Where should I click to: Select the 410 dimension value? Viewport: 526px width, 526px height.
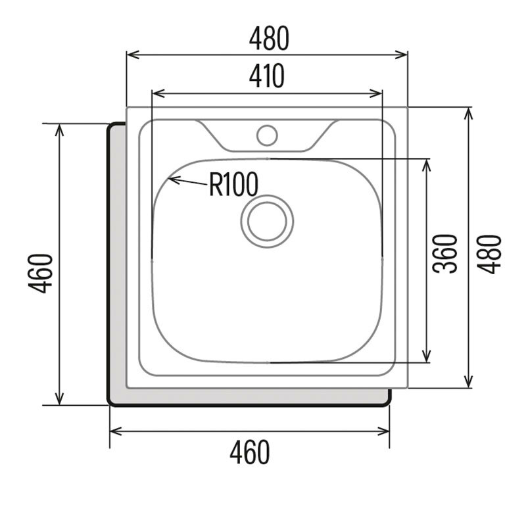click(267, 77)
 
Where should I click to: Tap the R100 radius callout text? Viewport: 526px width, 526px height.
click(233, 185)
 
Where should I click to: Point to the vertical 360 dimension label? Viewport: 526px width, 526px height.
click(445, 253)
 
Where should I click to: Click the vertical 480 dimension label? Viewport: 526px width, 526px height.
click(490, 254)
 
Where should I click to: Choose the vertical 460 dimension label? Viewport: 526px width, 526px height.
click(40, 273)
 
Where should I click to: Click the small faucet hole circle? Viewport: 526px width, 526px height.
click(267, 135)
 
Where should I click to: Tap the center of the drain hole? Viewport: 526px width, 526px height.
click(267, 221)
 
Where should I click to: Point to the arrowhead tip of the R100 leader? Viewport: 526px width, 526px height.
click(170, 179)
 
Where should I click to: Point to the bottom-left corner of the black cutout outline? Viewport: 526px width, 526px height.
click(110, 404)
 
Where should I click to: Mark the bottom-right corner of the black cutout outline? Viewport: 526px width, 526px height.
click(389, 404)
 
